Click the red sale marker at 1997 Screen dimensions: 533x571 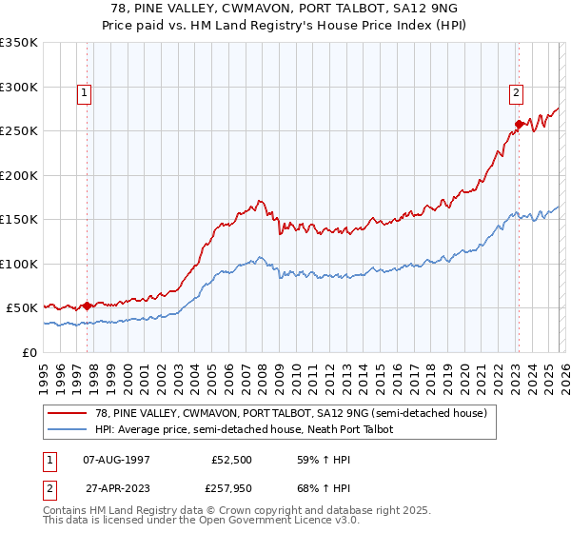[x=87, y=306]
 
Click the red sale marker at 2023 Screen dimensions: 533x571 [x=519, y=124]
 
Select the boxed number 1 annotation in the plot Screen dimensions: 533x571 [x=86, y=93]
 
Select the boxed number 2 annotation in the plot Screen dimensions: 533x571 [x=516, y=93]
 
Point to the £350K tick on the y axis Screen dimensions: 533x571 [x=19, y=43]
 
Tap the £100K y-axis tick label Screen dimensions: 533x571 [x=19, y=264]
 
